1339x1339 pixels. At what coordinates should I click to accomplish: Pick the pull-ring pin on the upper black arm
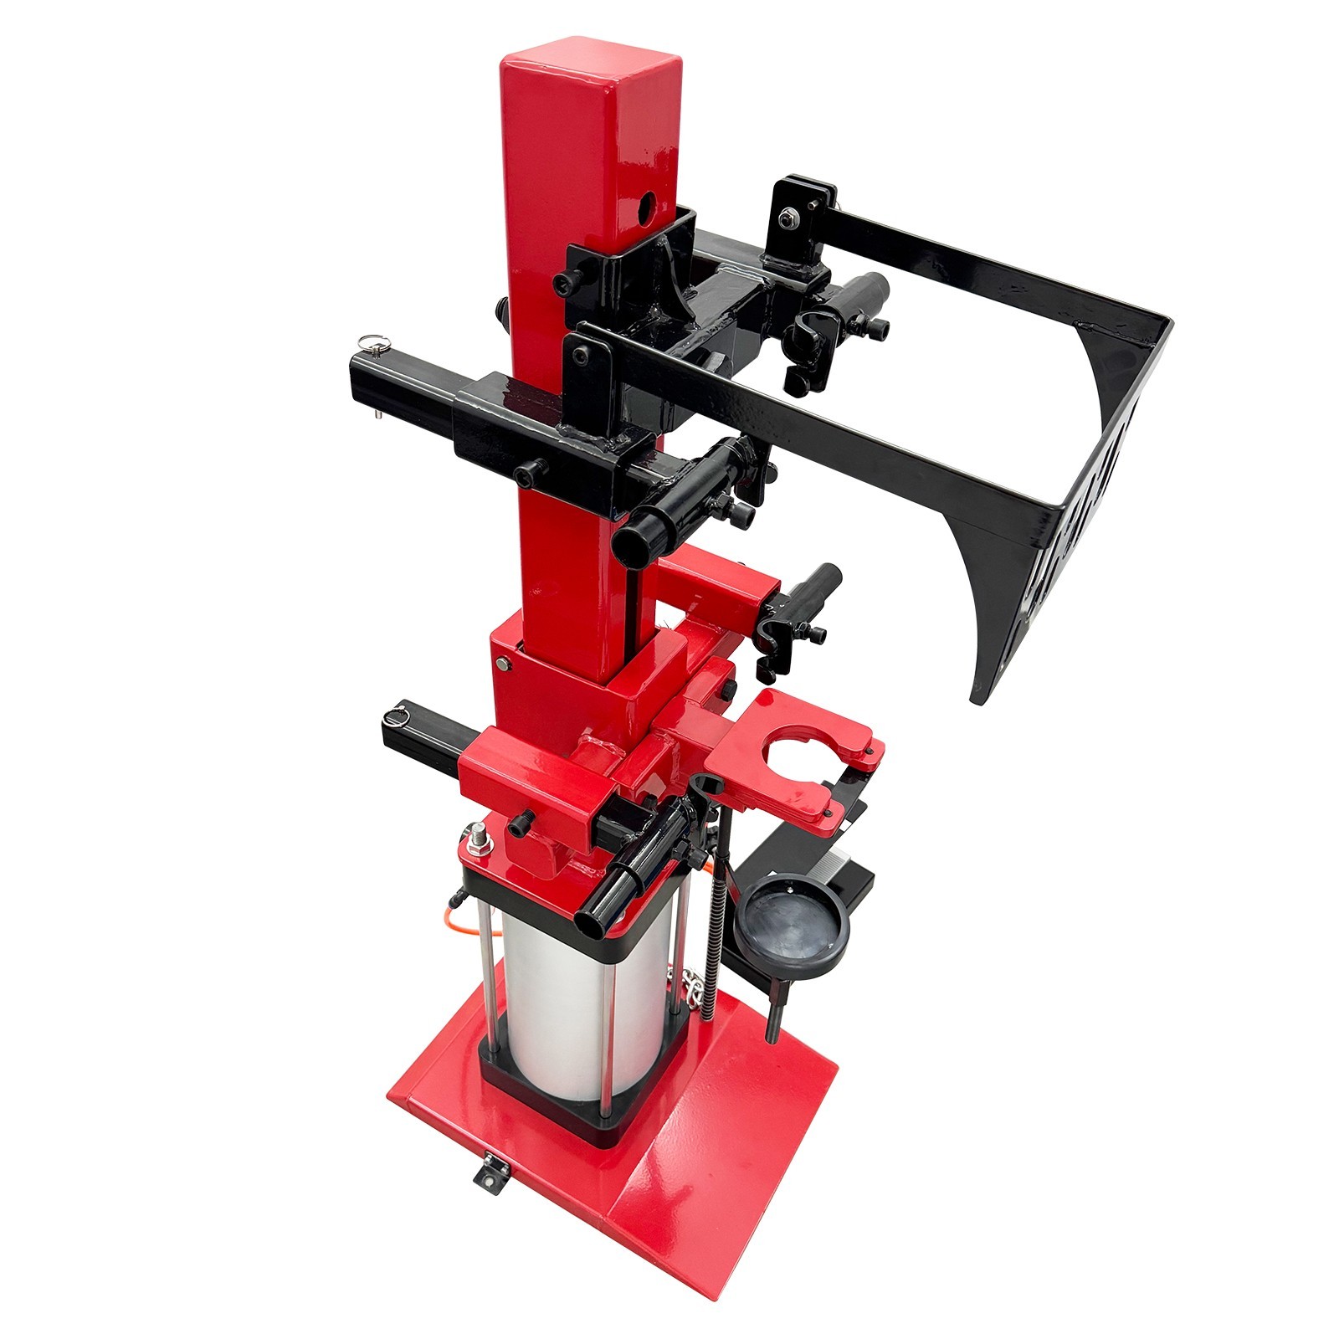coord(367,343)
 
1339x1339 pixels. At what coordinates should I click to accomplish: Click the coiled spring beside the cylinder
coord(712,954)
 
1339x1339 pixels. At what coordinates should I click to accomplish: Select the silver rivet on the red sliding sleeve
coord(501,664)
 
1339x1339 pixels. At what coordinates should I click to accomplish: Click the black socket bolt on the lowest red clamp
coord(519,824)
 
